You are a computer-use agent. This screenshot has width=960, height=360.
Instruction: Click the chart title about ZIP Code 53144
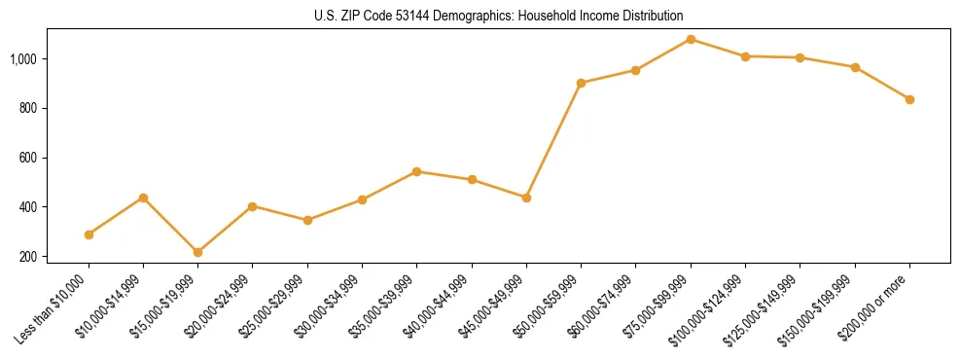point(480,16)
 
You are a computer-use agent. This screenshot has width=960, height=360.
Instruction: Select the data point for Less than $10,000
point(89,234)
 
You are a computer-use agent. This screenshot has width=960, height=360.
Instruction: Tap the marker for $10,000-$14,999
point(143,198)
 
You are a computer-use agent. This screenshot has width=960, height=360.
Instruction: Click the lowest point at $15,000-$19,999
point(197,252)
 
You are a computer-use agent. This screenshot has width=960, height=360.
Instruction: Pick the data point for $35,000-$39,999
point(416,171)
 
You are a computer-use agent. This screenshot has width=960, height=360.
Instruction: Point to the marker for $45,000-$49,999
point(526,198)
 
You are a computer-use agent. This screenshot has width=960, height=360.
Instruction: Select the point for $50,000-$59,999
point(581,83)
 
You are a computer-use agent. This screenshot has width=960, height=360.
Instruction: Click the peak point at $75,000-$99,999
point(691,39)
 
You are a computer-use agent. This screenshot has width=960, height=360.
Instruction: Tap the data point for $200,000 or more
point(909,99)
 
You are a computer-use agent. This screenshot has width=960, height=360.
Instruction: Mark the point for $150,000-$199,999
point(855,67)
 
